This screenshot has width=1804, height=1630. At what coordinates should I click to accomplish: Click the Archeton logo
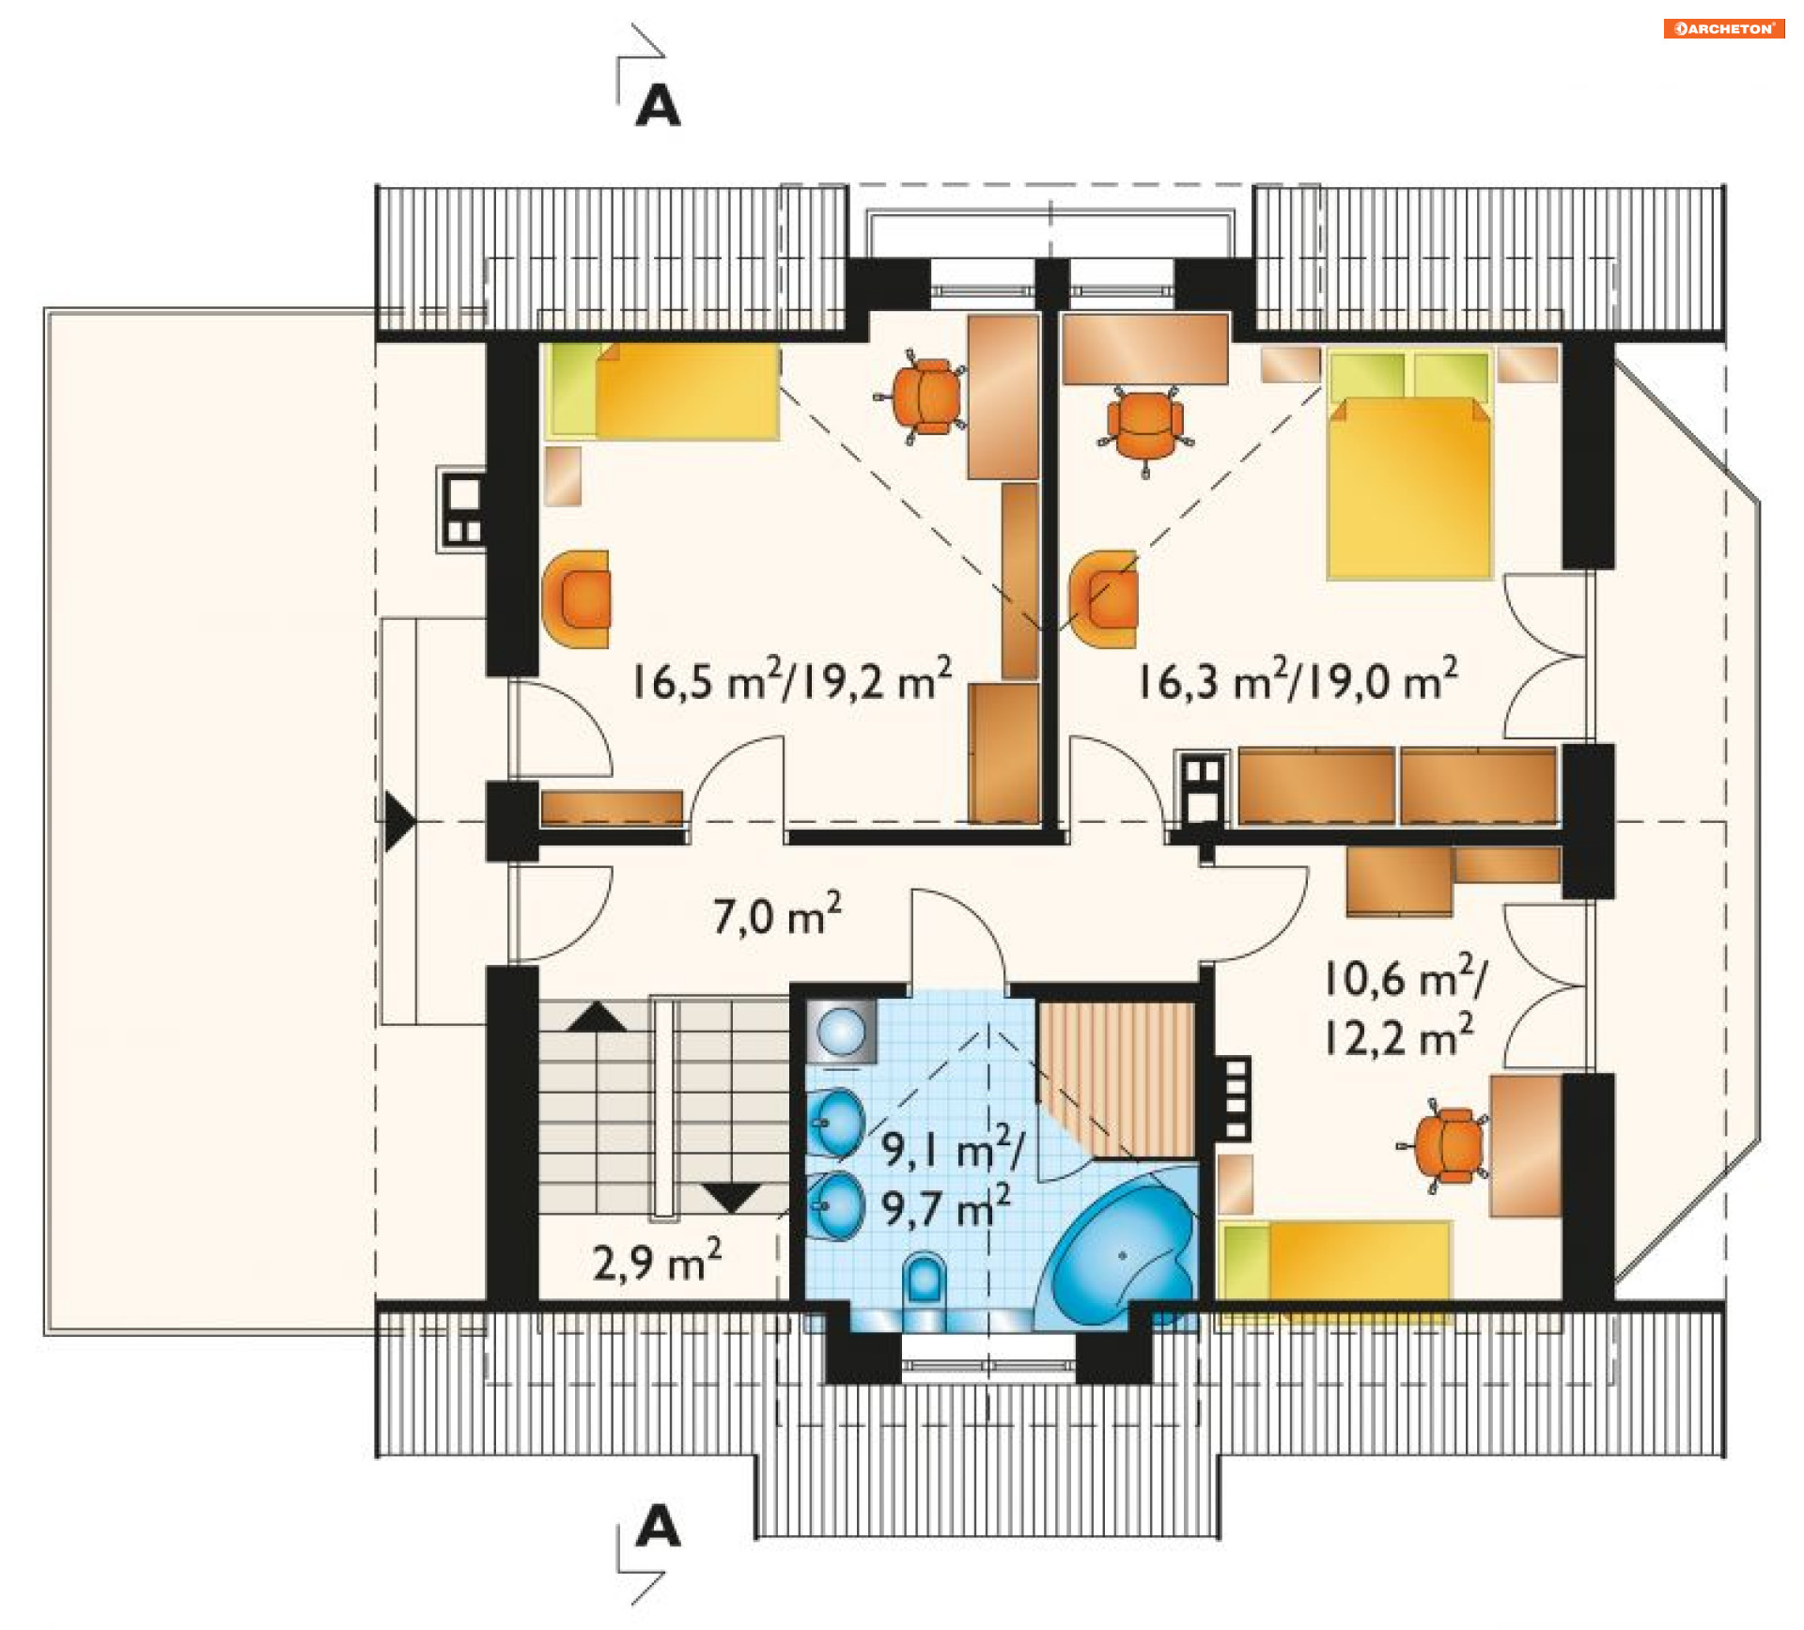tap(1723, 28)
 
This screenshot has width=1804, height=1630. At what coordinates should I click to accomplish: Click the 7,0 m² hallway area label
tap(776, 914)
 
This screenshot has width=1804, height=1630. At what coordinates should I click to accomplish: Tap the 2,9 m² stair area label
tap(657, 1260)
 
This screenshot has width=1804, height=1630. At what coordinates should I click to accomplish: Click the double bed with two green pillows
tap(1408, 464)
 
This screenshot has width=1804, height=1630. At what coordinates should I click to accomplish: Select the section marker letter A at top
tap(657, 105)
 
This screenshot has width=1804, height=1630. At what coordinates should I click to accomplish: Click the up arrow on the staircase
tap(597, 1017)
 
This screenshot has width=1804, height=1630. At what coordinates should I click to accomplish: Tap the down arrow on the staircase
tap(732, 1198)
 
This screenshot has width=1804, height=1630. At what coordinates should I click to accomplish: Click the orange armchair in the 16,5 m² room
tap(576, 599)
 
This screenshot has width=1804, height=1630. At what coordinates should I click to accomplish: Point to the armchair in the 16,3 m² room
tap(1104, 599)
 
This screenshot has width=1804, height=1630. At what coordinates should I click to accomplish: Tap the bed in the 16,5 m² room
tap(663, 391)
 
